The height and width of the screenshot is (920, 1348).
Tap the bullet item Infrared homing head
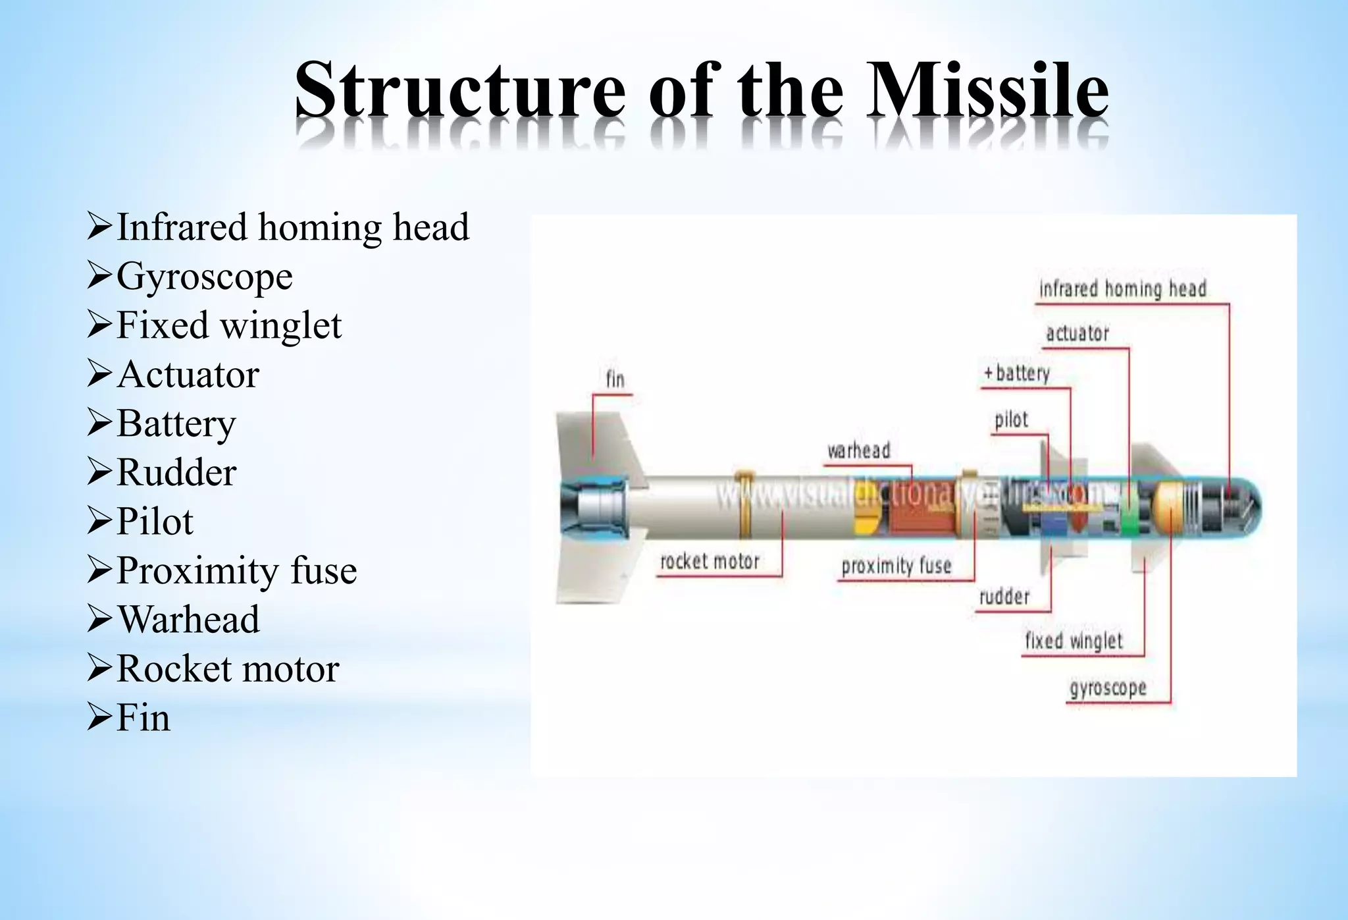(292, 227)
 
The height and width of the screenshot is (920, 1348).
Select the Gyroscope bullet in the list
(204, 276)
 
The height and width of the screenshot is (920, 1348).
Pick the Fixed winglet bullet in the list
(228, 325)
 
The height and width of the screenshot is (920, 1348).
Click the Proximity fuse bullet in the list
(236, 570)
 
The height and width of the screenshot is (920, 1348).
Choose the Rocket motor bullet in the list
(227, 668)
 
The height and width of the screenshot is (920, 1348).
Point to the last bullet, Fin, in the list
(143, 717)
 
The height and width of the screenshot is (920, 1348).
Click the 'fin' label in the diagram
(615, 379)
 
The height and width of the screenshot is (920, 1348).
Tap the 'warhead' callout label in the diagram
(858, 450)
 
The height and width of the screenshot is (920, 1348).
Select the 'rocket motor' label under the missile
(710, 561)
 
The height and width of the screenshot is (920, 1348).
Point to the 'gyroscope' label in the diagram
(1108, 688)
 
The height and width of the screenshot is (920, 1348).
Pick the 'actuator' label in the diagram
(1077, 333)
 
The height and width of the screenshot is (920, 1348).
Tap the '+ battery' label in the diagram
(1016, 373)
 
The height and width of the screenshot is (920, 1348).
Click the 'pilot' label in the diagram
(1011, 419)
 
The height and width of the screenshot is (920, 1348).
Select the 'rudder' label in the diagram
(1004, 597)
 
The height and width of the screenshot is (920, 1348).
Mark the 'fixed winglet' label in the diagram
(1074, 640)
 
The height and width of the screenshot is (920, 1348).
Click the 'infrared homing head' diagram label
(1122, 289)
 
